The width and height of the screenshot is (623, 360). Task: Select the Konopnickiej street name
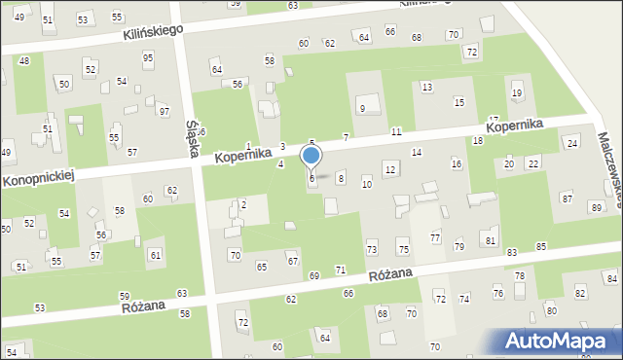point(38,177)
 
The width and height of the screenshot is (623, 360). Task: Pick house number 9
point(362,108)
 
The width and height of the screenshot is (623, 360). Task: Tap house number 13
point(426,88)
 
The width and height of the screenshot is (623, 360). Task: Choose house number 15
point(458,102)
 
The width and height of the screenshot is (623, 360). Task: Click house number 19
point(516,92)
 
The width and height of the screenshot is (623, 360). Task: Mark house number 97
point(164,112)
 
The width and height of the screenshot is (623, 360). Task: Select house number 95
point(148,57)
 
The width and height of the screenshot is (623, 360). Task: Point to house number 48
point(24,60)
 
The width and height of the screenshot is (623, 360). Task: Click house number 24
point(571,143)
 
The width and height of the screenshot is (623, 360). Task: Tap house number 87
point(567,198)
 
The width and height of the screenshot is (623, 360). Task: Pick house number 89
point(596,208)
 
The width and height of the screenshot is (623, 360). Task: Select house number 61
point(155,255)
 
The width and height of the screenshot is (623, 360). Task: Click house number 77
point(435,238)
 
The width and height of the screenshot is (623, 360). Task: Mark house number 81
point(491,240)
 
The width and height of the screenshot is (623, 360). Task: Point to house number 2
point(243,204)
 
